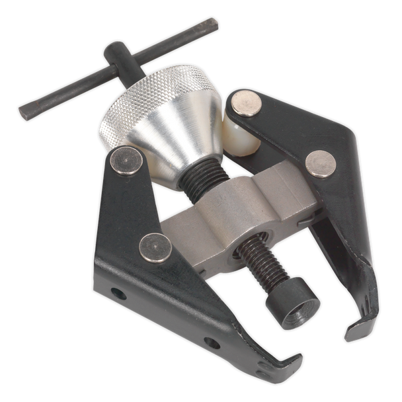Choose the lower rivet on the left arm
pos(155,247)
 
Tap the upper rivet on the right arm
pos(245,103)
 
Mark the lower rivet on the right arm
pos(321,163)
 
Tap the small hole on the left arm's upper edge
pos(118,294)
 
